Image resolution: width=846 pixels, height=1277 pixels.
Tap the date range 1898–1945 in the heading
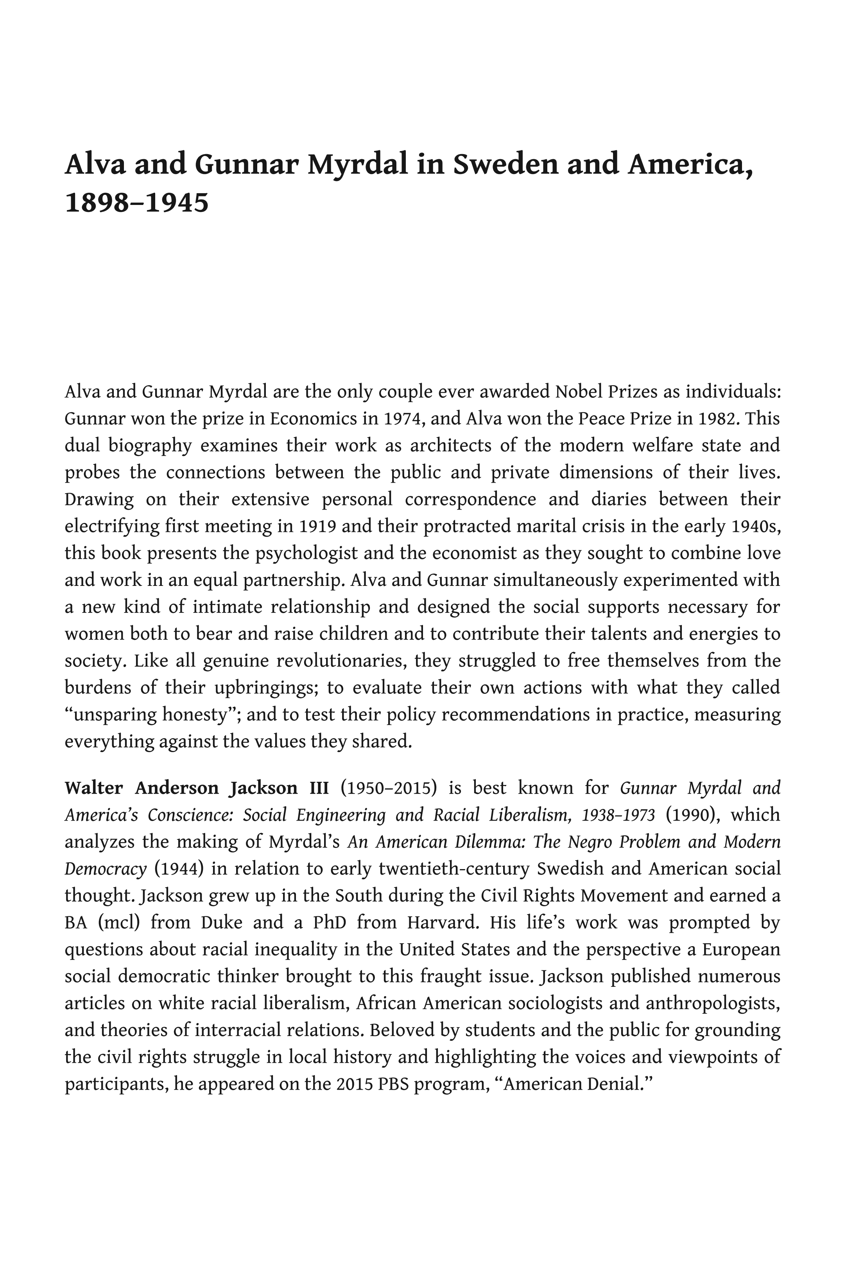(136, 203)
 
